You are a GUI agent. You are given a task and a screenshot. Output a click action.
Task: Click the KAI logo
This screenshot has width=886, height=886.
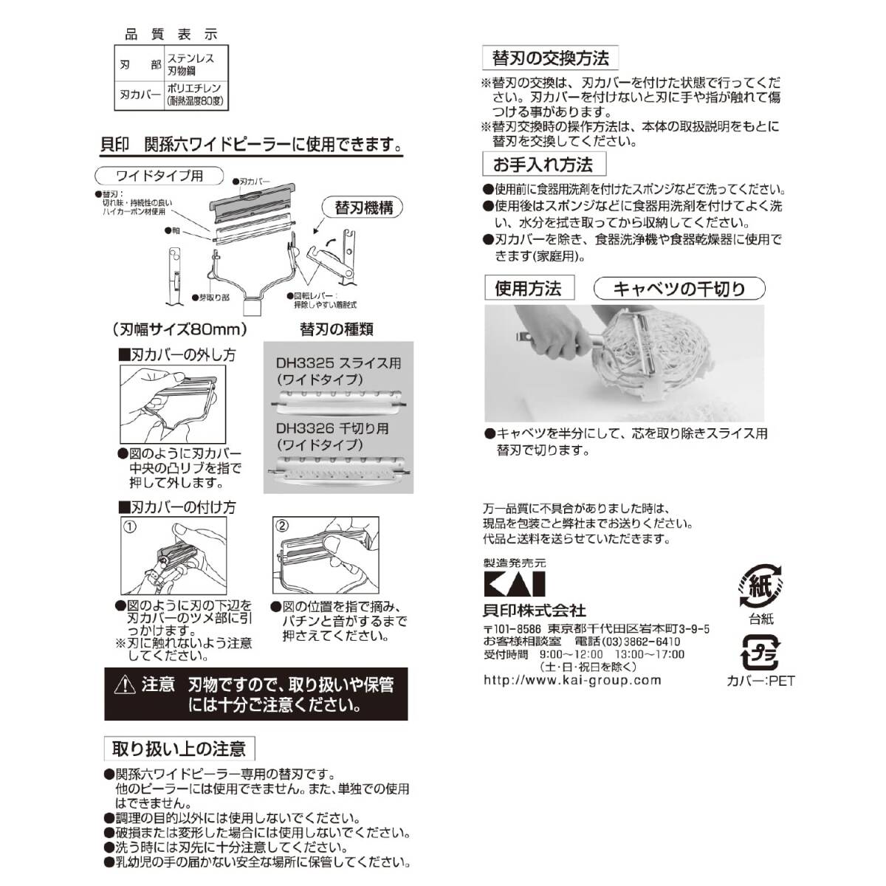tap(514, 584)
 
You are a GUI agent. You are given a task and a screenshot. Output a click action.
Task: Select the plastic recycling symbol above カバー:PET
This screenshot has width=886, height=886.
tap(760, 652)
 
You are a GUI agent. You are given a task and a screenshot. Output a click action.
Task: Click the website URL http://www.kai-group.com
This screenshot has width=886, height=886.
tap(572, 681)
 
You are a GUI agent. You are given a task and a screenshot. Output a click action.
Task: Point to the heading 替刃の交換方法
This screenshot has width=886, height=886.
tap(550, 58)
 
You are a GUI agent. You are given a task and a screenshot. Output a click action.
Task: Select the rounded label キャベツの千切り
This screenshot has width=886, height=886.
tap(679, 289)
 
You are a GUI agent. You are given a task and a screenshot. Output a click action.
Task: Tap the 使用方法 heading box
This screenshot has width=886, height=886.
tap(528, 288)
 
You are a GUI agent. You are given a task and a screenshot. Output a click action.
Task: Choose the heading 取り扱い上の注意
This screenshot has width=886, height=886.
tap(179, 749)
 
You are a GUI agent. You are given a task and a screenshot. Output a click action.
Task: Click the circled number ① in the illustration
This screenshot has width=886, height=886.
tap(130, 527)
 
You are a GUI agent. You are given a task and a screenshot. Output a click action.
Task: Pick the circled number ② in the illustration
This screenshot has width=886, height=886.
tap(282, 526)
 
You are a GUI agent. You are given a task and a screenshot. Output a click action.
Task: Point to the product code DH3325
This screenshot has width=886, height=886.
tap(306, 363)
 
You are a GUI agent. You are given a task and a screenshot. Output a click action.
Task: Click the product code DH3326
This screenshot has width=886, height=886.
tap(306, 428)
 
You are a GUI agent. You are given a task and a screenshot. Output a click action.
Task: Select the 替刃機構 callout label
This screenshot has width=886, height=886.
tap(364, 207)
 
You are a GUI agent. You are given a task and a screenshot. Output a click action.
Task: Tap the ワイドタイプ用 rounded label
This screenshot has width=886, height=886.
tap(159, 176)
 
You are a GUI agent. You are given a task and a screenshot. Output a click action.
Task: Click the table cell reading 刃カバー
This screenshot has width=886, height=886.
tap(140, 95)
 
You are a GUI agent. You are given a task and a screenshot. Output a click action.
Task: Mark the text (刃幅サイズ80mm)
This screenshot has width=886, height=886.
tap(180, 329)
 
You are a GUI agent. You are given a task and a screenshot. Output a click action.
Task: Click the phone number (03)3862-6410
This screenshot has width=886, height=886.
tap(637, 642)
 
